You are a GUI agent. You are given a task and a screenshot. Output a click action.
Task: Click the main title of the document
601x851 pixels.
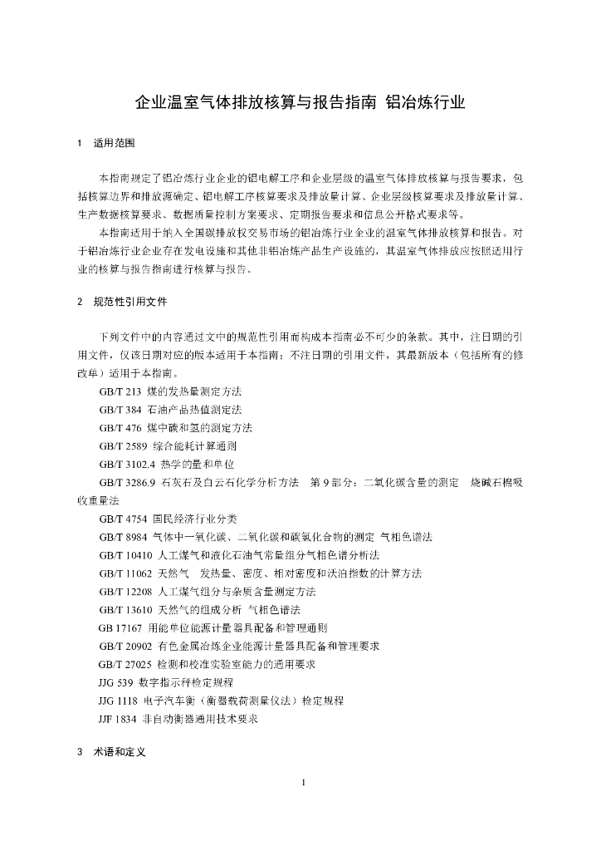click(x=300, y=103)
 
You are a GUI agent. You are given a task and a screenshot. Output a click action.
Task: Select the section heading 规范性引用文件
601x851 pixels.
click(x=131, y=302)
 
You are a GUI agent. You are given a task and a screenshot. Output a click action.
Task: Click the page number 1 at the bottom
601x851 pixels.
click(x=305, y=782)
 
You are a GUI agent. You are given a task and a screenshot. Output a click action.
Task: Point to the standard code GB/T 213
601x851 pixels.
click(x=120, y=391)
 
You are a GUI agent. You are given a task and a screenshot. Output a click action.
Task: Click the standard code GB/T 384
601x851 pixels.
click(x=120, y=410)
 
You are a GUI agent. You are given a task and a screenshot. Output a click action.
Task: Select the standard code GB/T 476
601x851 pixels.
click(x=120, y=428)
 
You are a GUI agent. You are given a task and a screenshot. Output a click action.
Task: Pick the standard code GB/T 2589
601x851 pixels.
click(x=123, y=446)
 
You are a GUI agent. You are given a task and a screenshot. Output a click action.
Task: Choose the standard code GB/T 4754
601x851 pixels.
click(x=123, y=519)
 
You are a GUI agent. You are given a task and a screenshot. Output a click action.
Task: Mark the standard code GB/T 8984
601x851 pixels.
click(x=123, y=537)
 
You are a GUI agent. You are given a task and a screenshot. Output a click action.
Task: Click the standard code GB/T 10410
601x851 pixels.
click(x=125, y=555)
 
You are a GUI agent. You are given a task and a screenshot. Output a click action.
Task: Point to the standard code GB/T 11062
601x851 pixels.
click(x=125, y=573)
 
